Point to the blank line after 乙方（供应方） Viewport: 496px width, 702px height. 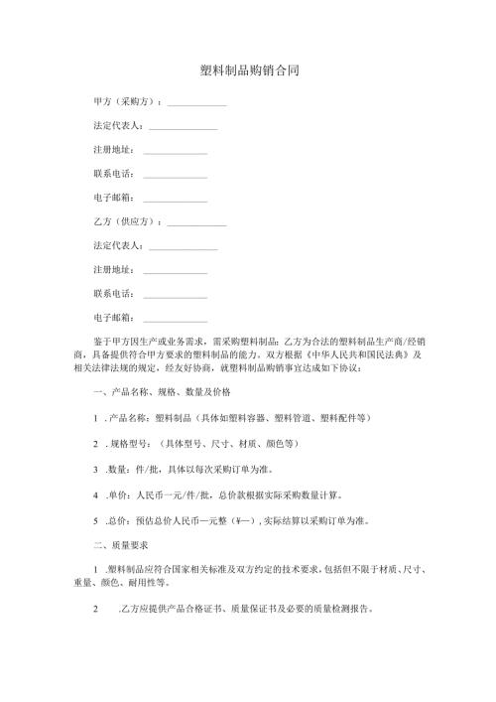point(197,222)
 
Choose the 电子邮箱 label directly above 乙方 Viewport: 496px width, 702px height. point(112,199)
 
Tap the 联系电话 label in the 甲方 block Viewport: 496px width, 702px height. point(112,175)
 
